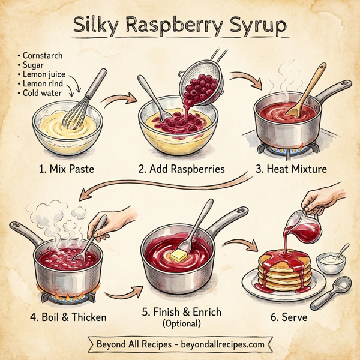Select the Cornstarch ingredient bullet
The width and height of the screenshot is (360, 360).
tap(41, 56)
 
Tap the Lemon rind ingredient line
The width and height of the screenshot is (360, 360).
tap(43, 85)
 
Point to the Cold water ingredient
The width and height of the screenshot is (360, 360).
tap(43, 94)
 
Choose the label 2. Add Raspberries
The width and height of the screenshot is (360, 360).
tap(181, 169)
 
